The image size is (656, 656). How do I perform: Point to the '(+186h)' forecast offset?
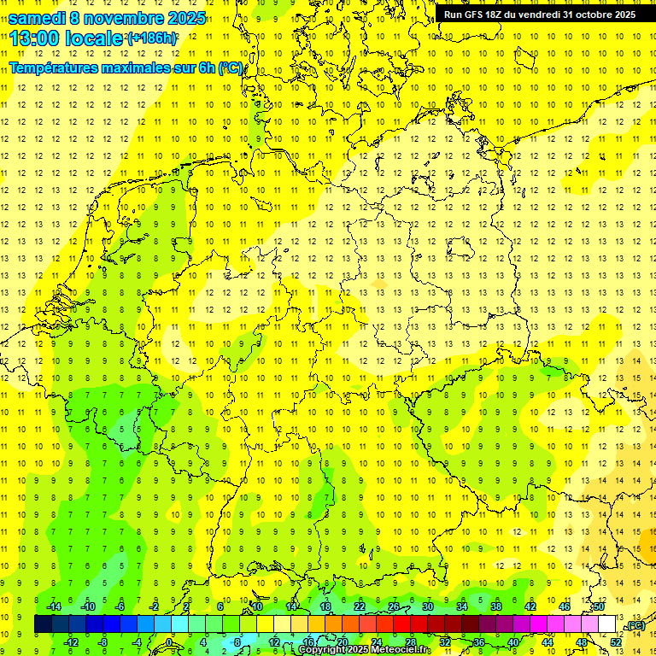(152, 38)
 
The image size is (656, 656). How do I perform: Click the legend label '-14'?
(54, 606)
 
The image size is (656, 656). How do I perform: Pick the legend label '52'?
(616, 642)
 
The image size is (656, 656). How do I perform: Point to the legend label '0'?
(169, 642)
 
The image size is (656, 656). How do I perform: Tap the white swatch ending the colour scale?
(606, 624)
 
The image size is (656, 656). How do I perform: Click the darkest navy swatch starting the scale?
(43, 624)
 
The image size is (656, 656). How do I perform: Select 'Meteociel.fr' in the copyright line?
(401, 650)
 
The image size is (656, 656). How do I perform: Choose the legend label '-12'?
(72, 642)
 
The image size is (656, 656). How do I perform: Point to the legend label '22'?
(360, 606)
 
